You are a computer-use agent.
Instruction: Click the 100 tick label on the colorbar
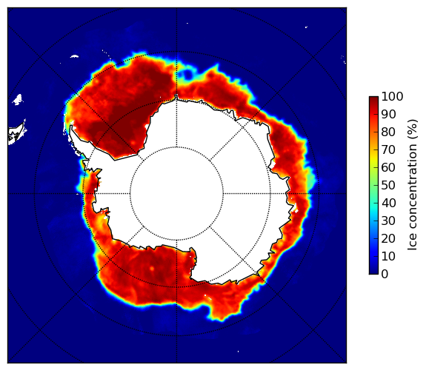point(393,97)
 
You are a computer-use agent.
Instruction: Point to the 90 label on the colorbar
point(389,114)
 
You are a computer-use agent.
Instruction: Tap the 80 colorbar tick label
point(389,132)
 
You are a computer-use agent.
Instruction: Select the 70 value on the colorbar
point(389,149)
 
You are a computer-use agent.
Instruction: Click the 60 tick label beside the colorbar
point(389,167)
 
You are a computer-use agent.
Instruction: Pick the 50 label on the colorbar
point(389,186)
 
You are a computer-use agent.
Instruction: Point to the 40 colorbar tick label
point(389,203)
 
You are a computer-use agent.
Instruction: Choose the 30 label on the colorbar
point(389,221)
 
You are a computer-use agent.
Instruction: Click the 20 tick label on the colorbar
point(389,238)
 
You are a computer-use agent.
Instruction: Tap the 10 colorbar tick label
point(389,256)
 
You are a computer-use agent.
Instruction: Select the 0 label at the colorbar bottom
point(385,275)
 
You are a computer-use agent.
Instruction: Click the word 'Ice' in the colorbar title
point(413,243)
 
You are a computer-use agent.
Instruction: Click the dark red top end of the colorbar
point(373,98)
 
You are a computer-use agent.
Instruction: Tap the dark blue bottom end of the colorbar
point(373,272)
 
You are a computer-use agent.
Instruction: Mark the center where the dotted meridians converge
point(177,194)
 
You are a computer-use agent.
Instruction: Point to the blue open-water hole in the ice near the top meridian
point(187,74)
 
